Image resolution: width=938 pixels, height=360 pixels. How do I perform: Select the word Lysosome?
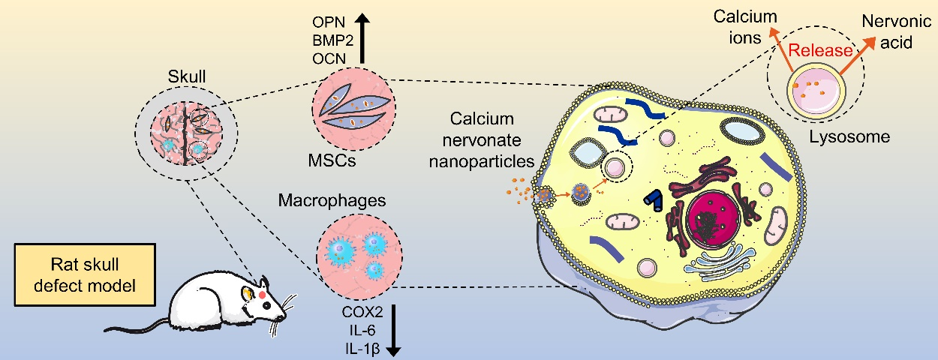pyautogui.click(x=849, y=137)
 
